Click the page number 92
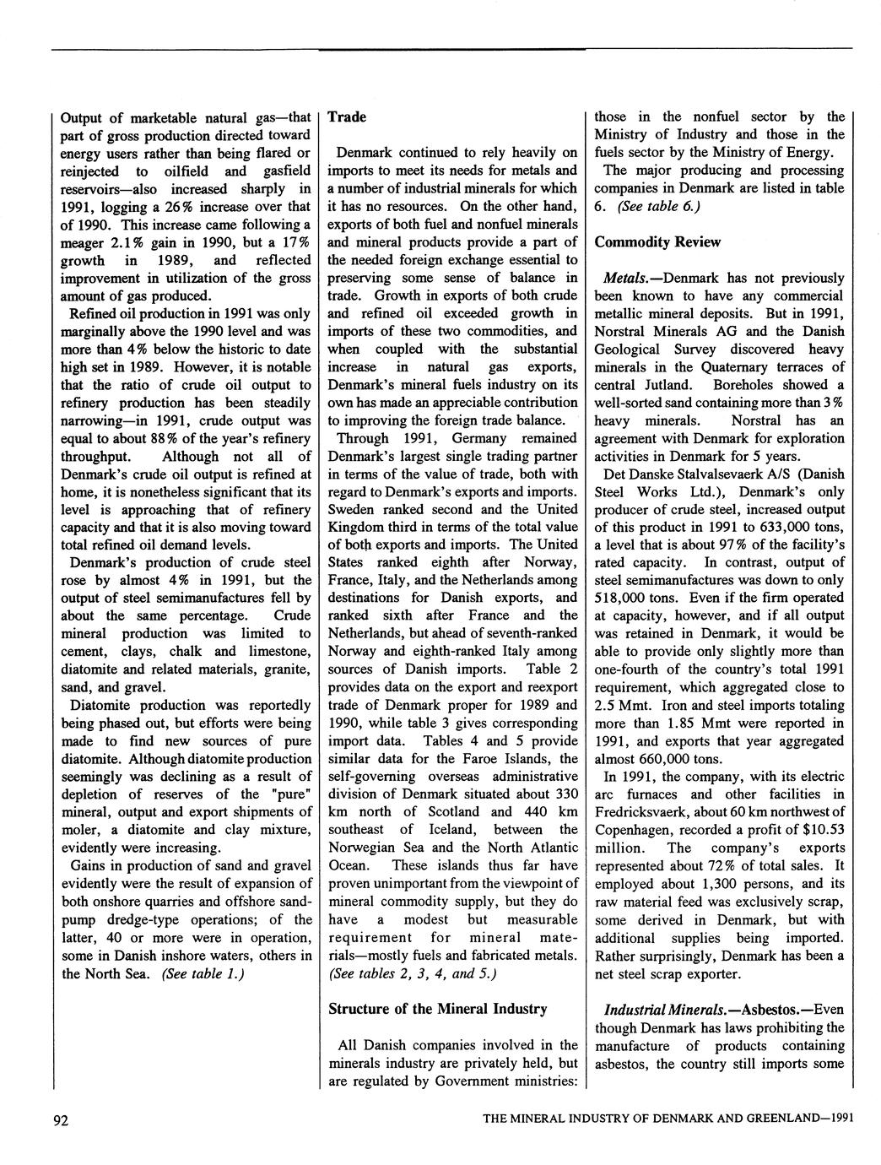click(60, 1120)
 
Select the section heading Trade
click(347, 117)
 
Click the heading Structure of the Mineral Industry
click(437, 1009)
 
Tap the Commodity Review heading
click(657, 242)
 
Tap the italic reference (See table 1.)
click(203, 973)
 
